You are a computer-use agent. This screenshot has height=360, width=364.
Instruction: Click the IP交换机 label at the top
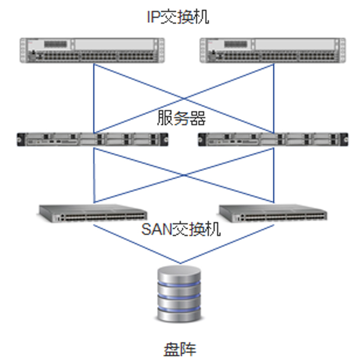pos(178,17)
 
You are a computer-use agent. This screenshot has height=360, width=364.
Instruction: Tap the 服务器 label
pos(181,118)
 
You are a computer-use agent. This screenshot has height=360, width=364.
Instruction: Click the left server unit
pos(93,139)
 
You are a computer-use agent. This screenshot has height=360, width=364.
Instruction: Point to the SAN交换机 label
pos(181,229)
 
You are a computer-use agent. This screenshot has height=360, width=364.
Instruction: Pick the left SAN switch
pos(94,213)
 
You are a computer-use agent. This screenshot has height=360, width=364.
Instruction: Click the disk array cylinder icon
pos(180,293)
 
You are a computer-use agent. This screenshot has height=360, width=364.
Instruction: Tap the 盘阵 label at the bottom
pos(180,348)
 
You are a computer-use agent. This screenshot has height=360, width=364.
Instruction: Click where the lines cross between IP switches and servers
pos(183,98)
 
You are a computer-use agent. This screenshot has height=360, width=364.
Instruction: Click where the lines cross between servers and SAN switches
pos(183,175)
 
